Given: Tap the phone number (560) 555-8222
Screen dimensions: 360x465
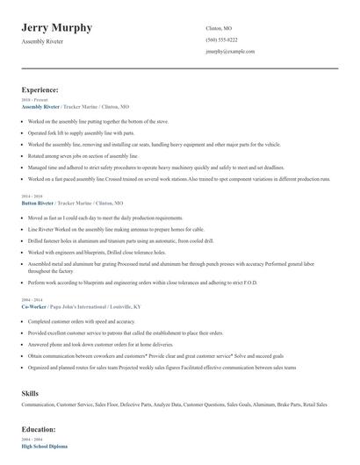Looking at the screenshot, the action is point(221,40).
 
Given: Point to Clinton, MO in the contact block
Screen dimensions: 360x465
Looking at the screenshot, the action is point(219,28).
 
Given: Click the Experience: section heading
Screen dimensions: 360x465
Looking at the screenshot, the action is point(40,89).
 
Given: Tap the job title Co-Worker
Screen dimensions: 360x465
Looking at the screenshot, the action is point(35,308).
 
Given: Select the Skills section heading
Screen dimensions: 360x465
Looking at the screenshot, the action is point(30,393).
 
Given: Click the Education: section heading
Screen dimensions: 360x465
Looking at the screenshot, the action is point(38,429).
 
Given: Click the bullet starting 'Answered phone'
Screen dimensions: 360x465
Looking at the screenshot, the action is point(97,345).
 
